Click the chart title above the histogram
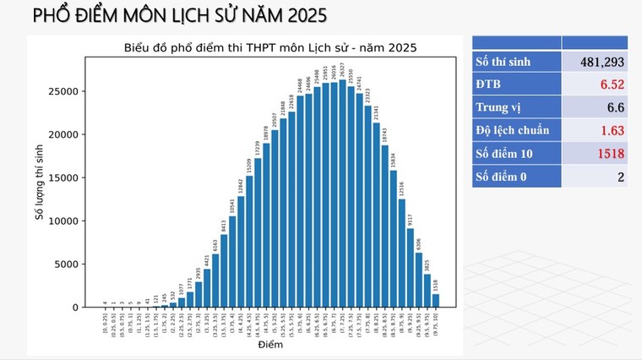click(x=270, y=47)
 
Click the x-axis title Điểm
click(x=270, y=344)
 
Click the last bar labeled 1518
click(x=436, y=301)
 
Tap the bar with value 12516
click(x=402, y=254)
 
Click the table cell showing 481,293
click(x=595, y=62)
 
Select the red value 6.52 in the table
click(x=595, y=85)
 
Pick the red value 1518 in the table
click(x=595, y=153)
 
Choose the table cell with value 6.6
click(x=595, y=107)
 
